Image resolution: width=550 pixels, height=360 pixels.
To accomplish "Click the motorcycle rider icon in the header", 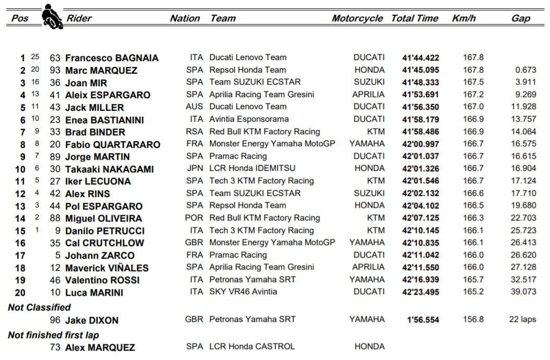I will coord(52,17).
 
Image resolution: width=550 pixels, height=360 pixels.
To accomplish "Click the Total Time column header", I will coord(415,18).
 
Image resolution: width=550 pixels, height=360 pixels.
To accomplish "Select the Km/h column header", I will coord(464,18).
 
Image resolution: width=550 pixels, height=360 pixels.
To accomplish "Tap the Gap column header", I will coord(520,18).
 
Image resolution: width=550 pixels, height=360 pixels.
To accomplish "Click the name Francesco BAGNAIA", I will coord(112,58).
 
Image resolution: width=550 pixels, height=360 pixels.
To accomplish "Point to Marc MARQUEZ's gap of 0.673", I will coord(525,70).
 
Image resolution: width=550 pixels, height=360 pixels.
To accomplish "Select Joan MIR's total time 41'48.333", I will coord(420,83).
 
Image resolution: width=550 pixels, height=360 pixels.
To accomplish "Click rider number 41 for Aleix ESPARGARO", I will coord(55,95).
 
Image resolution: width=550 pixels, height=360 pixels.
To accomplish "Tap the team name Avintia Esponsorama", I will coord(249,119).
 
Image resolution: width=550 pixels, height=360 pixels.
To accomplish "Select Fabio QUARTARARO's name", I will coord(112,145).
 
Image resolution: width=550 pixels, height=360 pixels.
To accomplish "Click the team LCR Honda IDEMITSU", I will coord(252,168).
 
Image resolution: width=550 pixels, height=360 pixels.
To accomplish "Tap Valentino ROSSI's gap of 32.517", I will coord(523,280).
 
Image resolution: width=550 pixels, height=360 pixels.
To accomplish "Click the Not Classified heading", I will coord(39,307).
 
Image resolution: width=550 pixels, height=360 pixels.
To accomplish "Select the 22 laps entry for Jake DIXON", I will coord(522,320).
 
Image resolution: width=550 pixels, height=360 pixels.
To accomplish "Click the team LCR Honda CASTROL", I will coord(252,346).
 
